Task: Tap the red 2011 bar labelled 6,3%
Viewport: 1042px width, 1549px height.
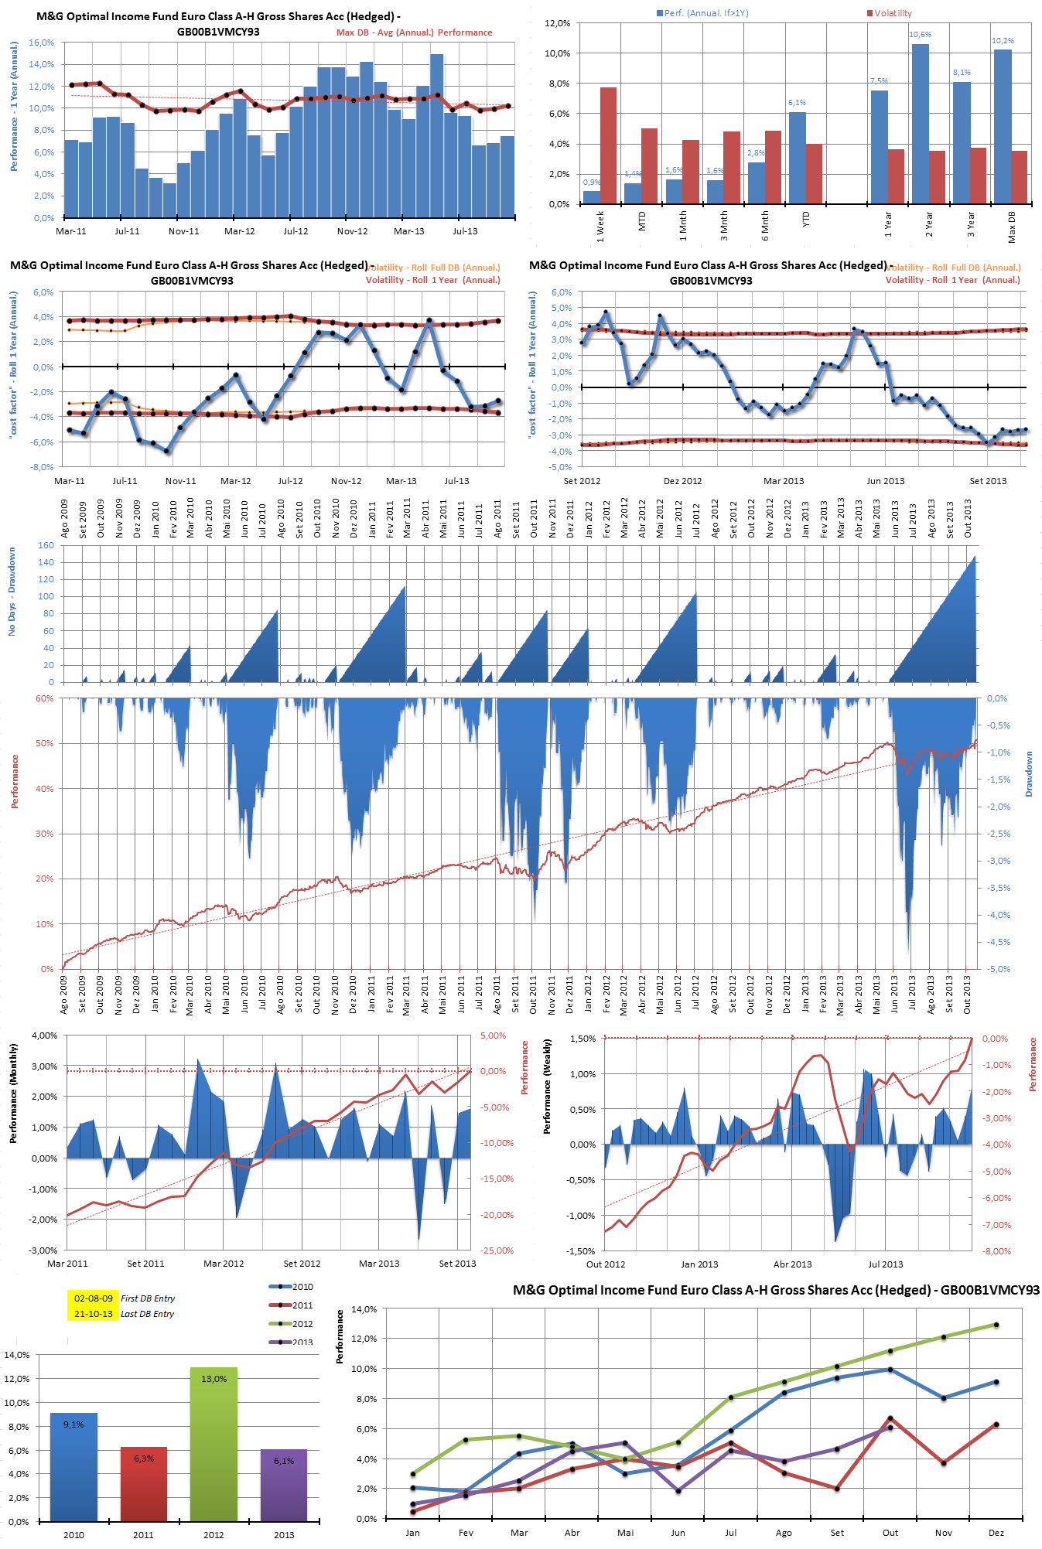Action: point(143,1483)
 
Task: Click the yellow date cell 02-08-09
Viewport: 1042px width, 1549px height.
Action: point(93,1298)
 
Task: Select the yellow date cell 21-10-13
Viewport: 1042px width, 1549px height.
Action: point(93,1314)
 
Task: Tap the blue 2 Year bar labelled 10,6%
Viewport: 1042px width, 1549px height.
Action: point(920,124)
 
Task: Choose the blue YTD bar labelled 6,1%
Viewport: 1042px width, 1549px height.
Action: point(797,158)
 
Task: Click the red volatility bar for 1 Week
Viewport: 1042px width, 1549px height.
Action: point(608,145)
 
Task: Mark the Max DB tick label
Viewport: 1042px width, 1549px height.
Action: point(1012,225)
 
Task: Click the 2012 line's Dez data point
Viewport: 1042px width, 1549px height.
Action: point(996,1325)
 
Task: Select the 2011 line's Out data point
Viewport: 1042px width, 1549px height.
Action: point(890,1418)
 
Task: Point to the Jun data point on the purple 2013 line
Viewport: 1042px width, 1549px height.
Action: point(678,1490)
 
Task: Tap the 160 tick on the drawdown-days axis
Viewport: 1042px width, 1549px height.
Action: point(46,545)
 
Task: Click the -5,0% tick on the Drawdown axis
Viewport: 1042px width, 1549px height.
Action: point(999,969)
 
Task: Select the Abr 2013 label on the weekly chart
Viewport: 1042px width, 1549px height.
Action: point(792,1264)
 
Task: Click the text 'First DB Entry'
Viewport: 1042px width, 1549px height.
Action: point(147,1298)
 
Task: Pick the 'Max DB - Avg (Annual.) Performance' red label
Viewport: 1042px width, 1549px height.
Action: point(414,32)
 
